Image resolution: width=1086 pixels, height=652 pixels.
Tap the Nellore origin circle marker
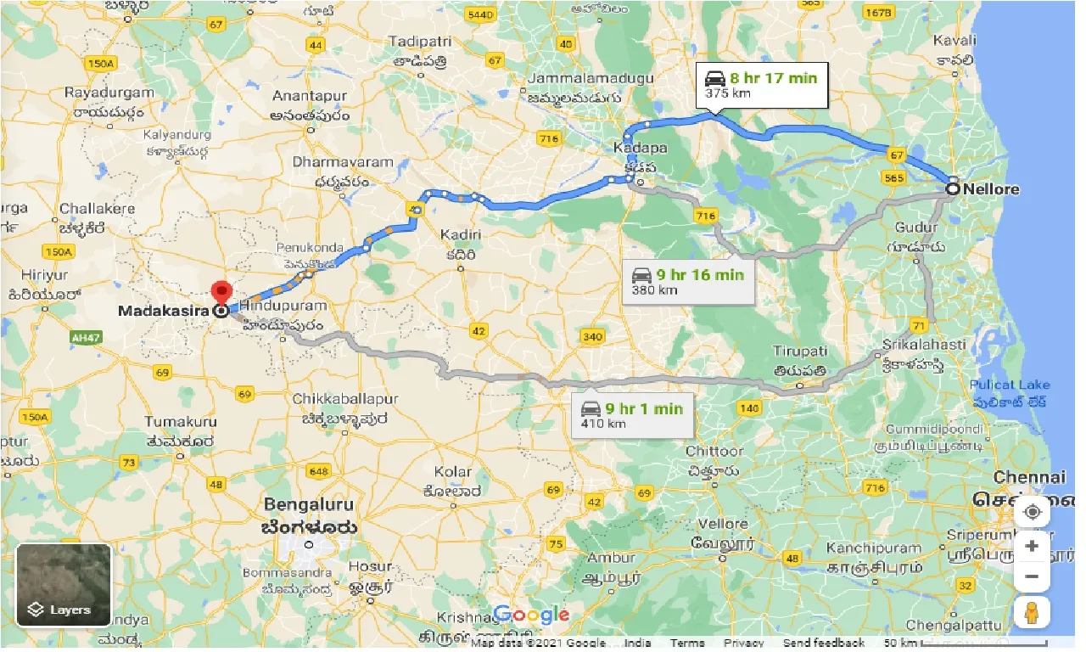pyautogui.click(x=953, y=189)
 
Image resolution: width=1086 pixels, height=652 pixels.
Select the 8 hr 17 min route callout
pyautogui.click(x=760, y=85)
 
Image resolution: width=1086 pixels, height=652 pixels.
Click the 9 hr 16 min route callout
pyautogui.click(x=688, y=282)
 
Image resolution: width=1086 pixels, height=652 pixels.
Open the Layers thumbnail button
pyautogui.click(x=64, y=585)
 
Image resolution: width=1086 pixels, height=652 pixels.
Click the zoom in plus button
pyautogui.click(x=1032, y=546)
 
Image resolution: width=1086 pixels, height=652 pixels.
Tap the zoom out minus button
pyautogui.click(x=1032, y=577)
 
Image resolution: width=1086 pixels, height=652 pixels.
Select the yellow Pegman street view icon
pyautogui.click(x=1032, y=612)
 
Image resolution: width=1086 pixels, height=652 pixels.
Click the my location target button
pyautogui.click(x=1032, y=512)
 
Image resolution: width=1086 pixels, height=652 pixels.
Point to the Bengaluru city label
pyautogui.click(x=309, y=504)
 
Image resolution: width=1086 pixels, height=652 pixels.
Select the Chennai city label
pyautogui.click(x=1028, y=477)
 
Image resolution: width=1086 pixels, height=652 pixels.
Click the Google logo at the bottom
pyautogui.click(x=530, y=615)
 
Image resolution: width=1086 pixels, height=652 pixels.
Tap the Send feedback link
pyautogui.click(x=823, y=643)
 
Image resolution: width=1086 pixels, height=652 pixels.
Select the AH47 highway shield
pyautogui.click(x=81, y=337)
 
